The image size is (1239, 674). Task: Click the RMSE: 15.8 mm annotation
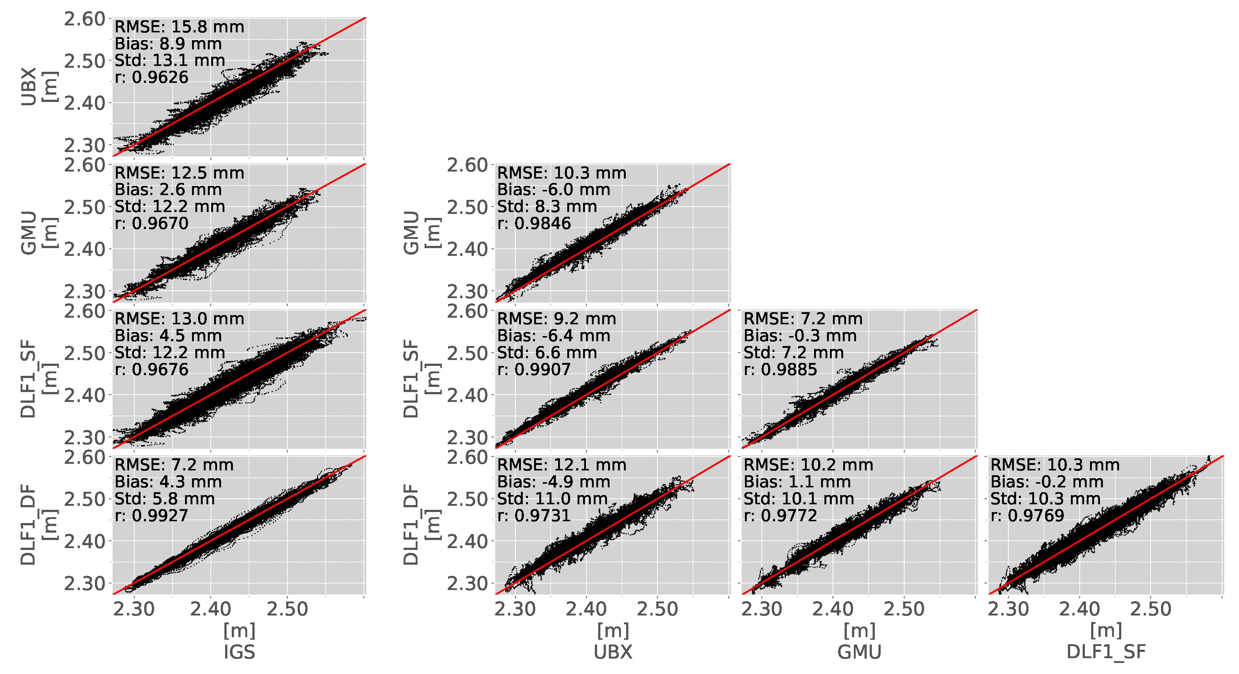(179, 27)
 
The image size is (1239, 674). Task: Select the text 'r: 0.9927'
(151, 516)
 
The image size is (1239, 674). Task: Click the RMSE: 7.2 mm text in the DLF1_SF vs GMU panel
(803, 319)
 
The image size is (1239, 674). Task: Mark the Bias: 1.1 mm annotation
(797, 482)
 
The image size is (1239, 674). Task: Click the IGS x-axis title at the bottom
(239, 652)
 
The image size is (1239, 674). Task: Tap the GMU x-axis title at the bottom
(859, 652)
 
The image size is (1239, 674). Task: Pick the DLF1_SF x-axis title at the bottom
(1106, 652)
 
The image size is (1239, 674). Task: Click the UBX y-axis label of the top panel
(29, 87)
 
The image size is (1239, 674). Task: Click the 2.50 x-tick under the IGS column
(287, 610)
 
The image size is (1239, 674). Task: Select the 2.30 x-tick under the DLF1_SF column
(1008, 610)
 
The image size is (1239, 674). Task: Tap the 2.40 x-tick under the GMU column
(832, 610)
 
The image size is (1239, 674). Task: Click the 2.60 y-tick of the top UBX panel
(84, 19)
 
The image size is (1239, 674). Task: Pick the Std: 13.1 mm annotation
(169, 61)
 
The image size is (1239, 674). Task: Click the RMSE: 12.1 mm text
(561, 465)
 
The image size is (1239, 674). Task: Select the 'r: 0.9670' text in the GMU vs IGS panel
(151, 223)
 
